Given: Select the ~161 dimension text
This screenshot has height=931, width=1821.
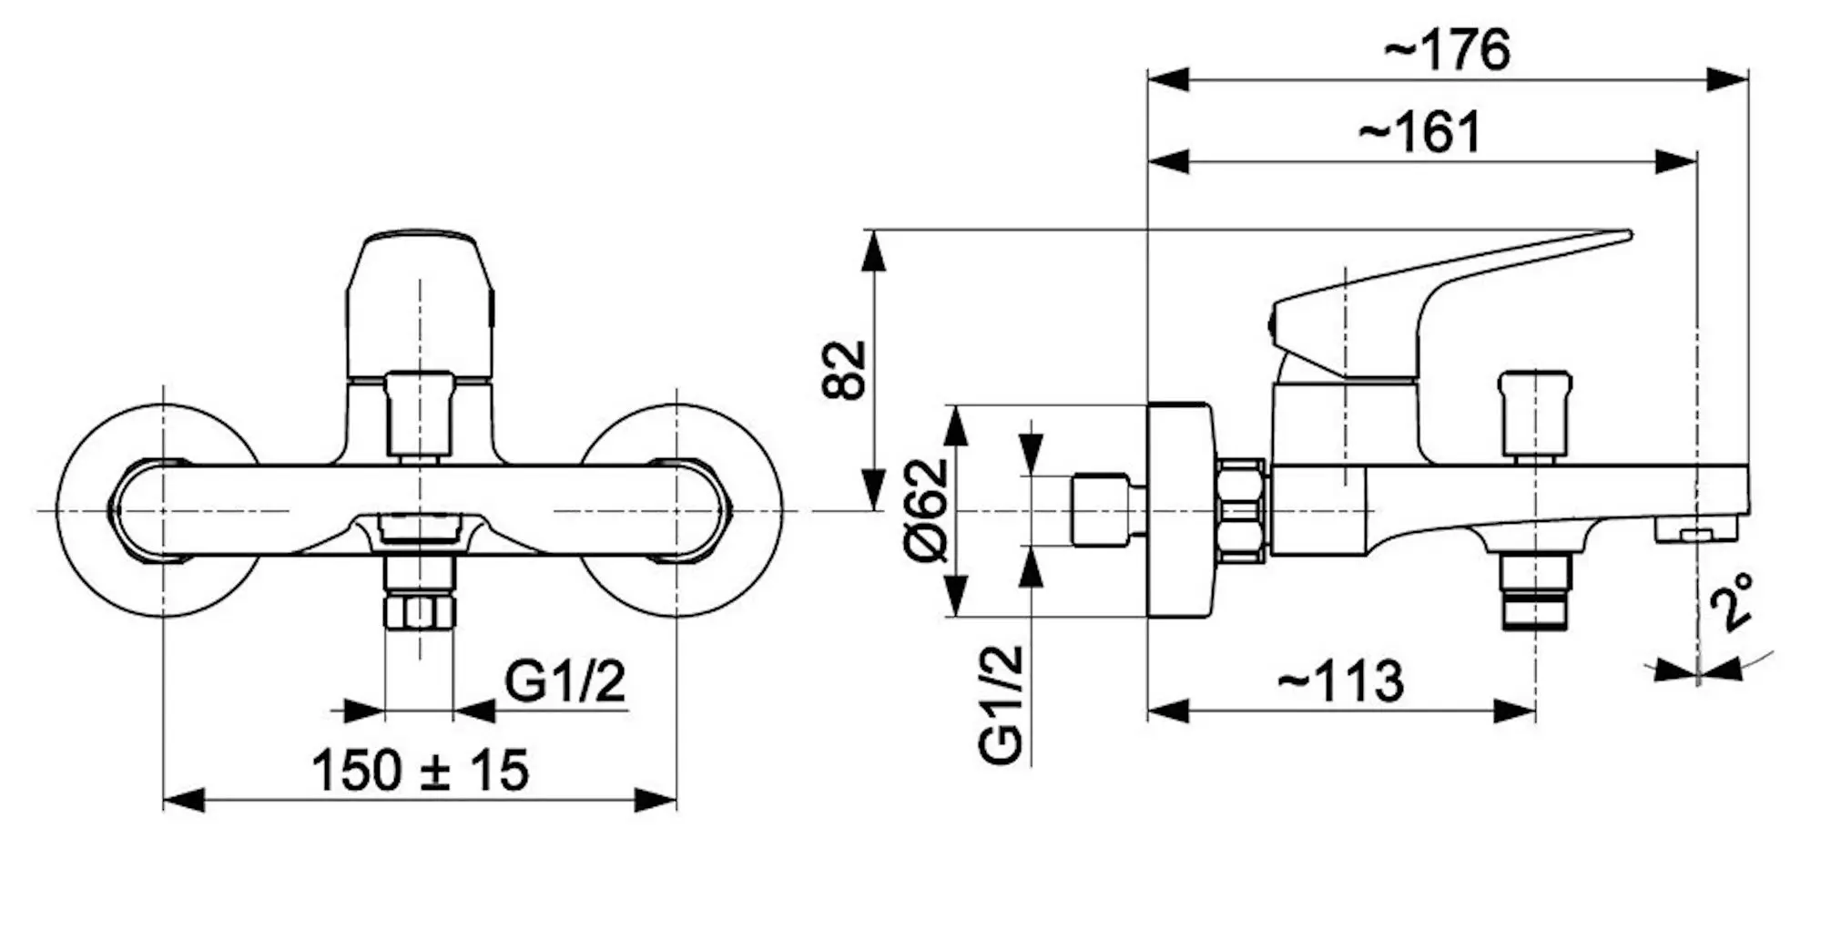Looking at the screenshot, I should pos(1420,133).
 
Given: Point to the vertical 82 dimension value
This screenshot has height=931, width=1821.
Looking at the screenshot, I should pos(844,370).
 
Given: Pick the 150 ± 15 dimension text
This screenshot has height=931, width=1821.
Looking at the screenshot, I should pos(420,770).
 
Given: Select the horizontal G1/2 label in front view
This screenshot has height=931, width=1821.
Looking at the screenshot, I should pos(565,681).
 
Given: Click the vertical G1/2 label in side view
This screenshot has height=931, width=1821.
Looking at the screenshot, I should pos(1002,704).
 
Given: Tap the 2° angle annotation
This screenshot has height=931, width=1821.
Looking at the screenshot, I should pos(1731,602).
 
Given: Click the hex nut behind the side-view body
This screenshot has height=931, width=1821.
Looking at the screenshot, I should pos(1240,510).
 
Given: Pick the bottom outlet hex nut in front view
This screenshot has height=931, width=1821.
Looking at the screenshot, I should pos(419,612).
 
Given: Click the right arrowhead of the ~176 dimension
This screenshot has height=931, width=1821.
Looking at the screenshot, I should pos(1727,79).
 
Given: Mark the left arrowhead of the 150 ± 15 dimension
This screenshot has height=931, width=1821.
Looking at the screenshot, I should pos(184,801).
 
